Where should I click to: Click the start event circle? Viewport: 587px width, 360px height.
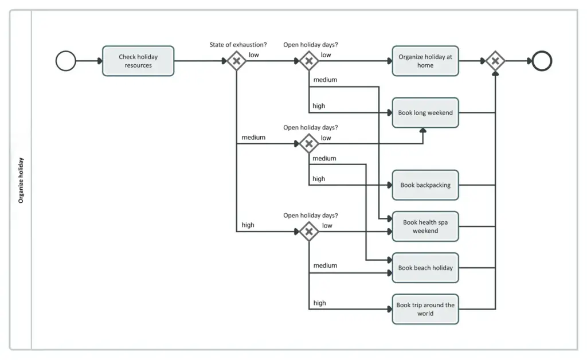point(66,61)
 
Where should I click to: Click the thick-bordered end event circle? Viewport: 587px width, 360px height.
point(541,61)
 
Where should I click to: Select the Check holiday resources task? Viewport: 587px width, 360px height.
point(138,61)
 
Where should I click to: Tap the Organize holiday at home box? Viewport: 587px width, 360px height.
point(425,61)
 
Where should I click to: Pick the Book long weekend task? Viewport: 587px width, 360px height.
point(425,113)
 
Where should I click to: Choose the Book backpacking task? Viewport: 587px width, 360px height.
point(425,185)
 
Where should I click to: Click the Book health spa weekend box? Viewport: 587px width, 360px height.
point(425,226)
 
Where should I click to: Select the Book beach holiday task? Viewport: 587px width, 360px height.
point(425,268)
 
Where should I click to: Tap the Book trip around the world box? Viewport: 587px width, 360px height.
point(425,309)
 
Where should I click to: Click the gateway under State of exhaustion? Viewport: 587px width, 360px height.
point(236,61)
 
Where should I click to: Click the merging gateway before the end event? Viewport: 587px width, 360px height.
point(495,61)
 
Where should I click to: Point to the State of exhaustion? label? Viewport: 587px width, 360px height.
point(238,45)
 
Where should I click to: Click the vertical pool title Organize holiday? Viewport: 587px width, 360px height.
point(21,180)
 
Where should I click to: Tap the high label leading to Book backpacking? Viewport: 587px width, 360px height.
point(319,179)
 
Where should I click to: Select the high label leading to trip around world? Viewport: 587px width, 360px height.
point(319,303)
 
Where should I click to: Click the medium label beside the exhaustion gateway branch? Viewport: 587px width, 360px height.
point(253,138)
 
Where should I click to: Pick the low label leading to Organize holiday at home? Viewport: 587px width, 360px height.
point(326,55)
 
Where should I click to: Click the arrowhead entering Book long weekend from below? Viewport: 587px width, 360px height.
point(423,131)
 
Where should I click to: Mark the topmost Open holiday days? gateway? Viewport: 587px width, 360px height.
point(309,61)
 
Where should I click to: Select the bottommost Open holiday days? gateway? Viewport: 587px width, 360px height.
point(309,232)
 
